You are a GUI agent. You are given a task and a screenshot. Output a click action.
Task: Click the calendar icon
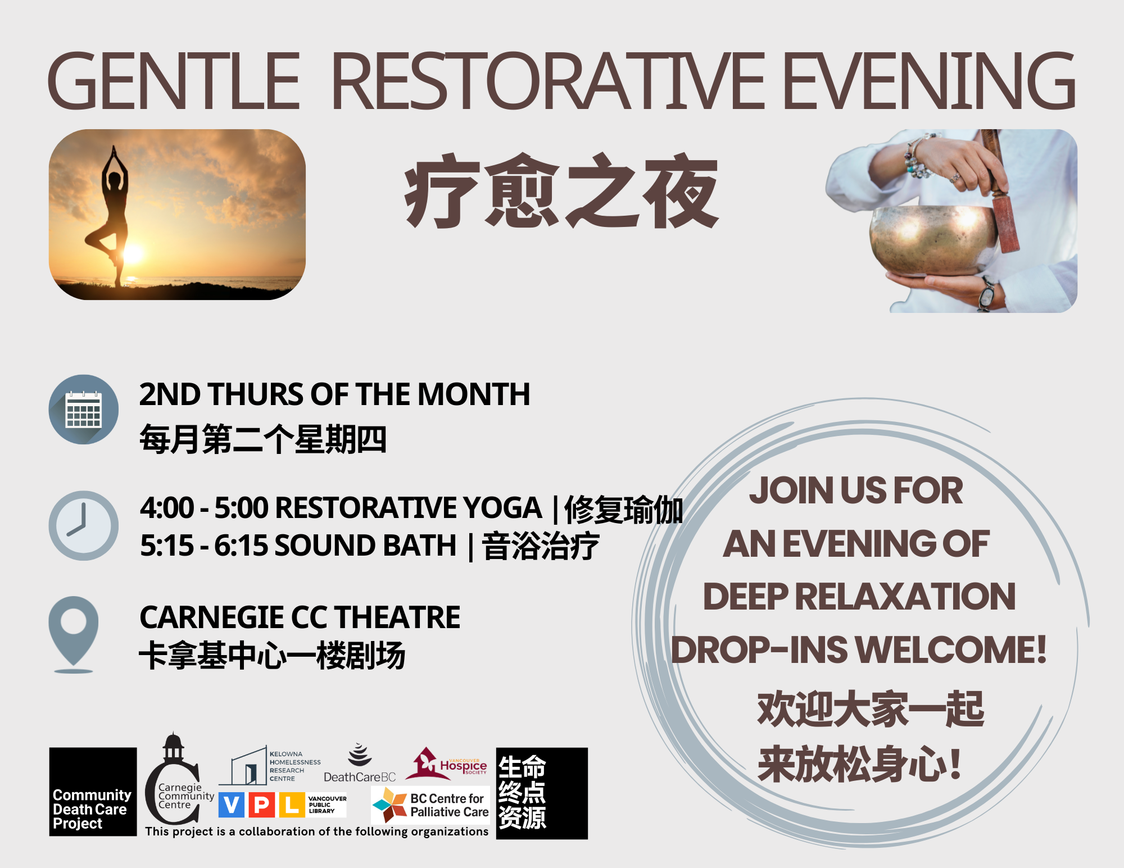click(x=84, y=410)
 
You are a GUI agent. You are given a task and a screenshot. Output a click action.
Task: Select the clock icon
click(x=84, y=525)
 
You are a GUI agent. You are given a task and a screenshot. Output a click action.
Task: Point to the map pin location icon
click(x=74, y=634)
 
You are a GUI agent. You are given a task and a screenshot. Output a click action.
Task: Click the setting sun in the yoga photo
click(x=133, y=254)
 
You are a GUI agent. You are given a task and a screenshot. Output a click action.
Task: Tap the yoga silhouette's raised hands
click(x=114, y=153)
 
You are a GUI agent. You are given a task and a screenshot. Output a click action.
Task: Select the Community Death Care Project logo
click(x=93, y=792)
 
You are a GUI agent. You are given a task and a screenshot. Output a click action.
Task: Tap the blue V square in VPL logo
click(x=231, y=805)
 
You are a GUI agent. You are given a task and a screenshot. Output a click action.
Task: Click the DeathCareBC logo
click(x=360, y=764)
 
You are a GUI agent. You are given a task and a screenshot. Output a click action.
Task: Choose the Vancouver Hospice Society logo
click(x=446, y=764)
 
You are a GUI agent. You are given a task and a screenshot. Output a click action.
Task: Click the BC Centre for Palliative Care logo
click(x=430, y=805)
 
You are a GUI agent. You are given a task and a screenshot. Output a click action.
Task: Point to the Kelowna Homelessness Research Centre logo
click(x=270, y=766)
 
